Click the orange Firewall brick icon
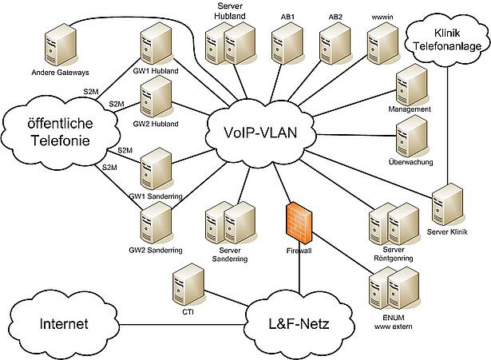click(x=299, y=220)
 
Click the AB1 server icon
click(x=285, y=45)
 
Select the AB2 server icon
click(x=335, y=45)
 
